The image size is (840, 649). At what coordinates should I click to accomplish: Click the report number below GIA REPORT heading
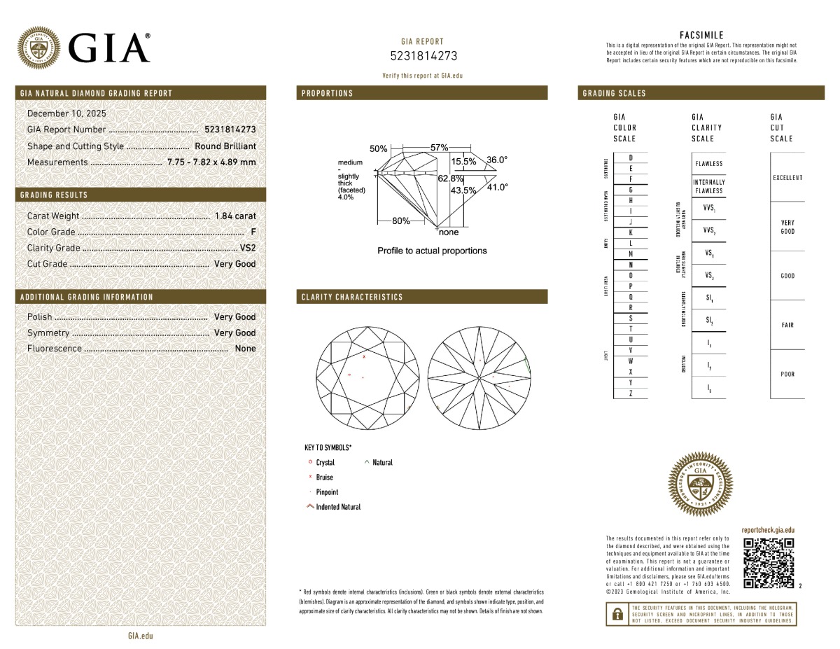point(423,56)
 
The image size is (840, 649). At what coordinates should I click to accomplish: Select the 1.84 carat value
point(236,216)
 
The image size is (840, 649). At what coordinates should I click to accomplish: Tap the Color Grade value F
point(252,232)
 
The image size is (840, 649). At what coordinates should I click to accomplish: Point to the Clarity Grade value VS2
point(248,248)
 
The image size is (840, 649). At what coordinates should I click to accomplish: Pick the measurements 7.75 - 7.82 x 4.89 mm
point(211,162)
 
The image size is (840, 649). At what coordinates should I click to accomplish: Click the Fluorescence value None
point(245,349)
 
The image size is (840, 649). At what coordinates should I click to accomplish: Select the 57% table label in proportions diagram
point(439,148)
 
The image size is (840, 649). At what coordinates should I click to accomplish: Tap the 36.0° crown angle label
point(497,160)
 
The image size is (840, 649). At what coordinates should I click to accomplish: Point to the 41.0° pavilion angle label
point(497,187)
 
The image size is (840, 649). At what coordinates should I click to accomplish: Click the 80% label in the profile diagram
point(401,221)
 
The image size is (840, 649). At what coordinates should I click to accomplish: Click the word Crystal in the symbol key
point(325,463)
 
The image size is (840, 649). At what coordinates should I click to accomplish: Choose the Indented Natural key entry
point(338,507)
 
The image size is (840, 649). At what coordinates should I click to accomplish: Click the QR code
point(768,563)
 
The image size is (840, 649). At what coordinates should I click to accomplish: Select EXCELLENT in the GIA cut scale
point(787,178)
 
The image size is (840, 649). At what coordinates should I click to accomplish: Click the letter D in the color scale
point(631,158)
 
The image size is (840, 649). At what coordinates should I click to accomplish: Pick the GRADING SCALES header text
point(614,93)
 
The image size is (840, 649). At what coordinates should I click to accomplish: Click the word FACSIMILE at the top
point(701,35)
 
